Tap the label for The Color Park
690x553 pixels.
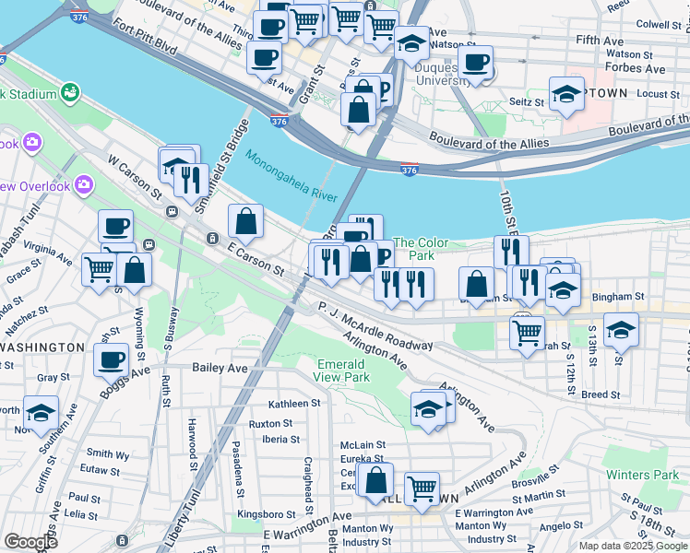(x=421, y=249)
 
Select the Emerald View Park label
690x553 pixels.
(x=341, y=371)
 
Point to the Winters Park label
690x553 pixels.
(x=642, y=475)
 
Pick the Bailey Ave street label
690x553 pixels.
(x=220, y=368)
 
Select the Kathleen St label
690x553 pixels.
(x=293, y=404)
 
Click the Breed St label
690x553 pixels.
(x=601, y=394)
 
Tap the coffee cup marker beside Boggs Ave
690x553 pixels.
(x=112, y=359)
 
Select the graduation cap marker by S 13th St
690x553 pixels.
(x=621, y=329)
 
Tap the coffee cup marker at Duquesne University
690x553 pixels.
(x=475, y=63)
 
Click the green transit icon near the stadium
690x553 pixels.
(x=69, y=92)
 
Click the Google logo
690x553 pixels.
(x=30, y=542)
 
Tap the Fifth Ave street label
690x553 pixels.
(x=600, y=41)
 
